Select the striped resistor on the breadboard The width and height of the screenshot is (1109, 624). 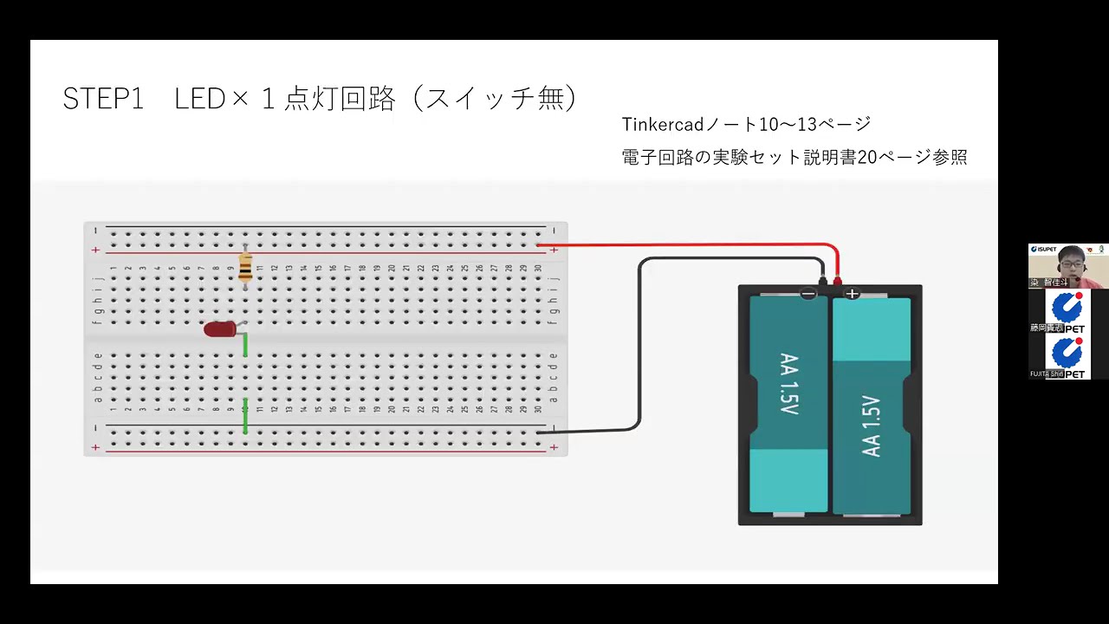pyautogui.click(x=245, y=268)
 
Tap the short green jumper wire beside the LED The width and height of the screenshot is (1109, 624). pyautogui.click(x=246, y=344)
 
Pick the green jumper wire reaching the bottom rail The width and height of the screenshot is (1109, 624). pyautogui.click(x=246, y=416)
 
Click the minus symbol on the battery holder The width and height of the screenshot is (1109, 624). pyautogui.click(x=808, y=295)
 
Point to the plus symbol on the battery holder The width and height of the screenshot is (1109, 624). pyautogui.click(x=853, y=294)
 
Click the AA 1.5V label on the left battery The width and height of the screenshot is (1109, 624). pyautogui.click(x=788, y=384)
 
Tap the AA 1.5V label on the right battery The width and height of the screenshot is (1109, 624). pyautogui.click(x=871, y=426)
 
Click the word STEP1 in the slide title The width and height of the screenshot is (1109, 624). pyautogui.click(x=102, y=99)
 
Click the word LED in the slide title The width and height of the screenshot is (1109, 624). pyautogui.click(x=200, y=99)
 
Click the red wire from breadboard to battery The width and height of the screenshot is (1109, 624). pyautogui.click(x=693, y=245)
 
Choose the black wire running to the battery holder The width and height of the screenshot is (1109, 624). pyautogui.click(x=639, y=347)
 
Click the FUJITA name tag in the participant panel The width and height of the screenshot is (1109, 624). pyautogui.click(x=1046, y=374)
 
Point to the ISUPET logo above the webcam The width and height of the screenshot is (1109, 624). pyautogui.click(x=1043, y=250)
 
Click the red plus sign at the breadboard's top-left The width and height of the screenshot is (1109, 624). pyautogui.click(x=95, y=250)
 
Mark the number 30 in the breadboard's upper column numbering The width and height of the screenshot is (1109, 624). pyautogui.click(x=538, y=268)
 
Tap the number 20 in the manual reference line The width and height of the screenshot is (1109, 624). pyautogui.click(x=867, y=158)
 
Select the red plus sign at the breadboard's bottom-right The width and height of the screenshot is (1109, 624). pyautogui.click(x=554, y=447)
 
